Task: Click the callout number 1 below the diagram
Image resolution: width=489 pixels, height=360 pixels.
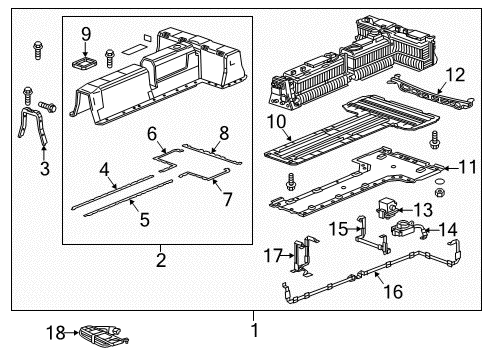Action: pos(254,330)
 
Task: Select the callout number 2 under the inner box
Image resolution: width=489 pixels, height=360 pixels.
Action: pos(159,262)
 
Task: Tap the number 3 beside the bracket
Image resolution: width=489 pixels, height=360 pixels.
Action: pos(44,169)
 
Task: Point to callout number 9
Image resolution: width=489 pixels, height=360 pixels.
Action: pos(85,34)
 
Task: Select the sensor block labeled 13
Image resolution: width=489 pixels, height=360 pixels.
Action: pos(384,208)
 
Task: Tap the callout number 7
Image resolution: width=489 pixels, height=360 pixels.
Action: pos(227,200)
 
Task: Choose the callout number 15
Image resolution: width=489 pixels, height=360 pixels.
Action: pos(340,229)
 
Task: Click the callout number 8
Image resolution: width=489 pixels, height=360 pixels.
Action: pos(224,132)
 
